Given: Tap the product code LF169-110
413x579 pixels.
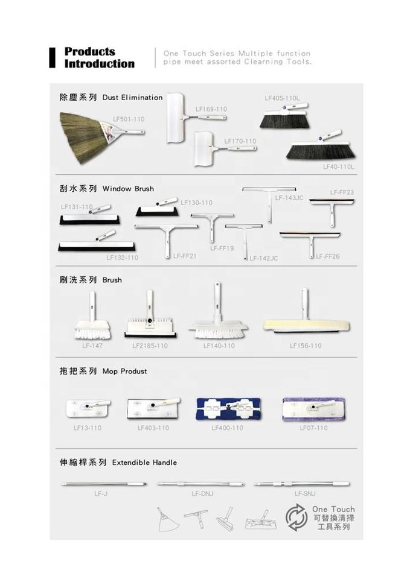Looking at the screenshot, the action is click(x=211, y=109).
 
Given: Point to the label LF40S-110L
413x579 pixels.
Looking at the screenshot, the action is click(x=282, y=98).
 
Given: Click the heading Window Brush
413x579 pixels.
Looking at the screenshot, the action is click(x=128, y=189).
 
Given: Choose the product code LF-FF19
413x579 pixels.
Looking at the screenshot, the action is click(x=222, y=248).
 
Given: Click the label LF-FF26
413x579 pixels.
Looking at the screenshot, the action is click(x=327, y=256).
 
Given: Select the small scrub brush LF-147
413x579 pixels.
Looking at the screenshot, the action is click(x=92, y=320).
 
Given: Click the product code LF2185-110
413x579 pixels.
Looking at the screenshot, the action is click(x=150, y=346).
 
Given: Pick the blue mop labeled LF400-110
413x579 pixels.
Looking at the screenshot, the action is click(x=228, y=409).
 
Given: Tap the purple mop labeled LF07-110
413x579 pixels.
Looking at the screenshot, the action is click(x=313, y=408).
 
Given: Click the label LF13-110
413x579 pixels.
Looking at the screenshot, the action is click(x=88, y=428).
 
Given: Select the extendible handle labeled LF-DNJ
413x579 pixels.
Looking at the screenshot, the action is click(x=201, y=484).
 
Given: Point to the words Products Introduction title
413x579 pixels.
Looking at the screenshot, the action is click(x=99, y=58).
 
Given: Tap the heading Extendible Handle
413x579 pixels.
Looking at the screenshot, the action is click(x=144, y=463).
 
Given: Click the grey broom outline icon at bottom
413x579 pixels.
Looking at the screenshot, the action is click(x=167, y=519).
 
